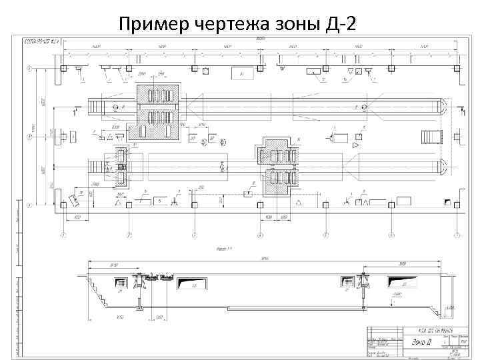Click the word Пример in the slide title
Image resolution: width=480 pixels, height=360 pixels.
(155, 25)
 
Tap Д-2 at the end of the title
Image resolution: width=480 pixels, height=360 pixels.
(340, 25)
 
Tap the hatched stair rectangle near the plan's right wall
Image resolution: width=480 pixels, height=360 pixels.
(432, 137)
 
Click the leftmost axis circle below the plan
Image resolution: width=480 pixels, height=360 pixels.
(63, 235)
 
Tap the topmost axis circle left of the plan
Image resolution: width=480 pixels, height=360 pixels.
(29, 68)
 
